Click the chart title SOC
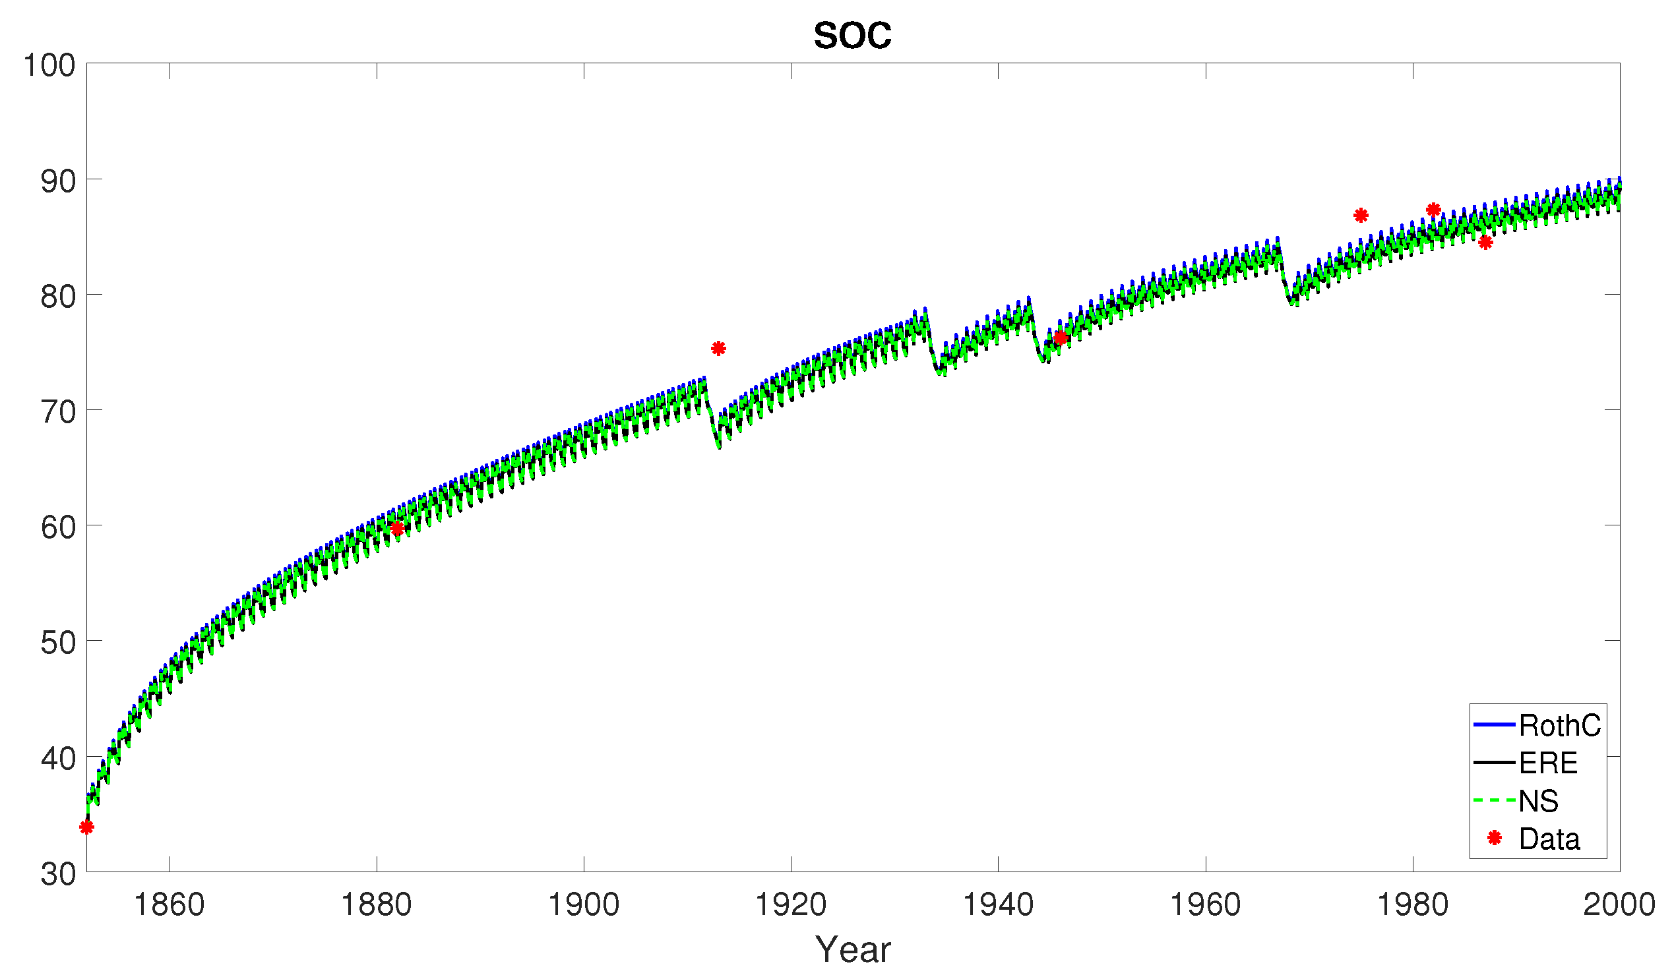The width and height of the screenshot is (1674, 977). click(x=852, y=36)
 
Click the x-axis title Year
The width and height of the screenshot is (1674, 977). click(x=852, y=949)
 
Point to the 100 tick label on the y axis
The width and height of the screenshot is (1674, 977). click(x=49, y=66)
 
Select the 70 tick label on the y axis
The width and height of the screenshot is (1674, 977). click(x=58, y=413)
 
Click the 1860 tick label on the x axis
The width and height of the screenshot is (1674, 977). click(x=170, y=904)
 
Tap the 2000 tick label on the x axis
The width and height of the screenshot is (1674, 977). click(x=1619, y=904)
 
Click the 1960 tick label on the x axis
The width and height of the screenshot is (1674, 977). click(x=1205, y=904)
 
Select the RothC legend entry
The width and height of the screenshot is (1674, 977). click(x=1559, y=725)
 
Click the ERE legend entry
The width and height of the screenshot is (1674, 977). click(x=1548, y=763)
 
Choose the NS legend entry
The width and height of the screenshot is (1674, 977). click(x=1538, y=801)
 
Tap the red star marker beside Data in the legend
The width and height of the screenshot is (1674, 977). click(x=1495, y=838)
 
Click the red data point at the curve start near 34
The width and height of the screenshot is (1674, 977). click(x=86, y=827)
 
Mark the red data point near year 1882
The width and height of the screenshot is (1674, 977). click(x=397, y=529)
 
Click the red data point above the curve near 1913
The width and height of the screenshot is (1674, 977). click(x=718, y=348)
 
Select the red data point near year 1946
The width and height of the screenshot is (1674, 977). click(x=1060, y=338)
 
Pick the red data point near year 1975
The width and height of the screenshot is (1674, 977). click(x=1361, y=215)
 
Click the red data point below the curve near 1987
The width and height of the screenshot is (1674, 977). click(x=1486, y=243)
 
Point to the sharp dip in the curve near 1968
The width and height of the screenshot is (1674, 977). click(x=1293, y=302)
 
